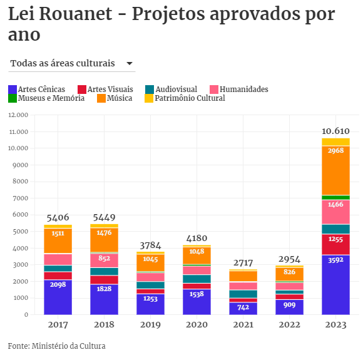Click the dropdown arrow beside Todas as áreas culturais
coord(130,63)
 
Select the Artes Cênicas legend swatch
coord(13,90)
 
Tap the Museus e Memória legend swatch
coord(13,98)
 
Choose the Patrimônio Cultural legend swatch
coord(149,98)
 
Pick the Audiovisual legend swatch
coord(150,90)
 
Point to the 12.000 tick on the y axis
coord(18,115)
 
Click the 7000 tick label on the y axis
coord(21,198)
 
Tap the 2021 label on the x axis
coord(243,325)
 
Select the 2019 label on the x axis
coord(150,325)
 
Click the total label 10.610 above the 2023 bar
coord(335,131)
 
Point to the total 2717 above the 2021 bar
coord(243,263)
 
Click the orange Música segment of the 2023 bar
coord(335,170)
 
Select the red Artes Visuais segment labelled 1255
coord(335,244)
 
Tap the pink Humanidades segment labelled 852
coord(104,260)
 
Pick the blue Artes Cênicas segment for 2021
coord(243,309)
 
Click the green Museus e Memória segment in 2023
coord(335,198)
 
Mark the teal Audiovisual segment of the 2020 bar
coord(197,279)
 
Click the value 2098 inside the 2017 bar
coord(58,284)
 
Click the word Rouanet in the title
coord(76,14)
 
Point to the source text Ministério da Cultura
coord(68,346)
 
